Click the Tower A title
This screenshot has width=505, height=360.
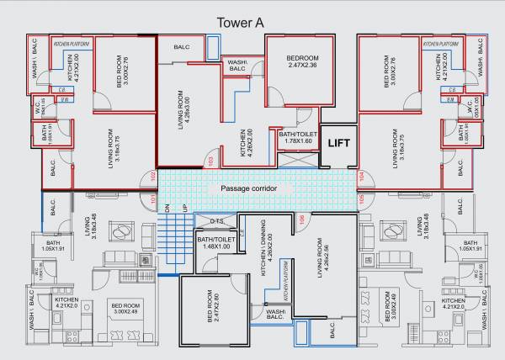coord(240,24)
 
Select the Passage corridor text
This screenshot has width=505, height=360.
coord(248,188)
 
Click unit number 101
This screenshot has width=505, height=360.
coord(153,199)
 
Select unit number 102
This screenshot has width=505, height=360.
coord(153,177)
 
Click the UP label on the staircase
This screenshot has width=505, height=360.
coord(178,208)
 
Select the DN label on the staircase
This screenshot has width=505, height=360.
coord(167,208)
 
